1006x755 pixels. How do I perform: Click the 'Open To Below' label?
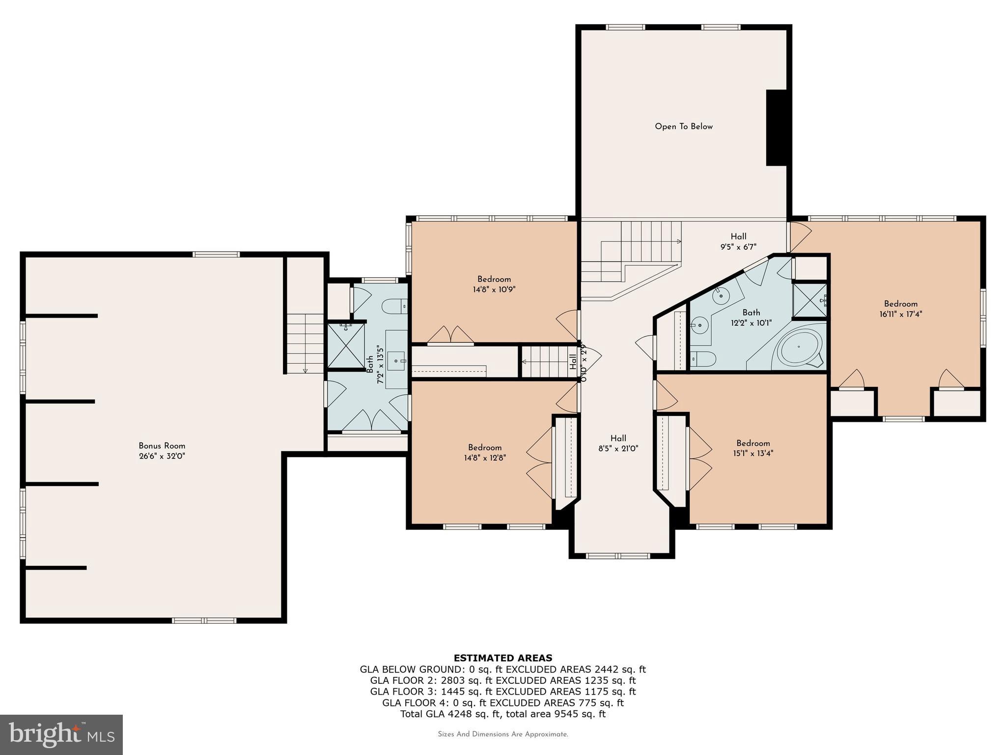click(683, 126)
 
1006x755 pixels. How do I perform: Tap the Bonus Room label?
click(162, 446)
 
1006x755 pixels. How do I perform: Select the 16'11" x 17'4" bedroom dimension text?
click(900, 314)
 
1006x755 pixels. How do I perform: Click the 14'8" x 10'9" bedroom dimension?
click(494, 290)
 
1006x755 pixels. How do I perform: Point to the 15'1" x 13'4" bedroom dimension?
click(753, 453)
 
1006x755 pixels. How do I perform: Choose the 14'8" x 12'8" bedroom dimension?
click(484, 458)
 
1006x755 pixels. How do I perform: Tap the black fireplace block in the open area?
click(777, 128)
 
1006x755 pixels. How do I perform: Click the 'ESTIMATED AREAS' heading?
click(503, 658)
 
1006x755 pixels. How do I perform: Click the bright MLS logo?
click(61, 735)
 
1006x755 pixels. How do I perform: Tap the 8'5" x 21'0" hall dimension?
click(618, 448)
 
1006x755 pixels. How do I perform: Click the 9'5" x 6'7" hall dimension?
click(738, 247)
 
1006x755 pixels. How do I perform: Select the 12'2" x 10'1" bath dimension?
click(751, 323)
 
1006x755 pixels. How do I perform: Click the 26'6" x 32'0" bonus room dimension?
click(162, 456)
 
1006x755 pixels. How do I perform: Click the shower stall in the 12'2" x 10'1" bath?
click(810, 300)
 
